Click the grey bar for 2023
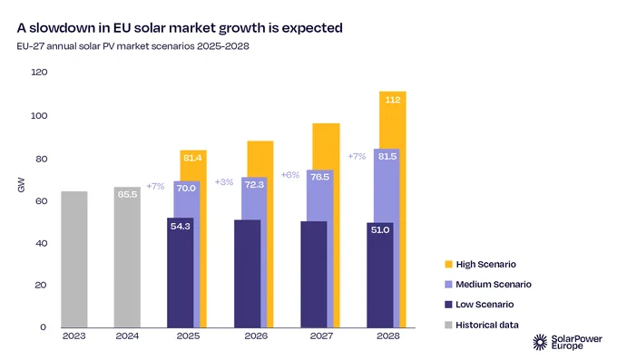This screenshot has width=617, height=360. [x=74, y=259]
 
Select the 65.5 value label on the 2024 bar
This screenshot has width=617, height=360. [x=127, y=194]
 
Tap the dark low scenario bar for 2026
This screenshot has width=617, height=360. [x=247, y=274]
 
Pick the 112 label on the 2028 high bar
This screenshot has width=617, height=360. [x=393, y=100]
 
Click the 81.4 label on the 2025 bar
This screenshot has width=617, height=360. [x=192, y=158]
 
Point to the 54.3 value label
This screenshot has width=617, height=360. [x=181, y=226]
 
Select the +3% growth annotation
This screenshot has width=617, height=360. [x=224, y=182]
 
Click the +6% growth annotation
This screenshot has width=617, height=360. [x=290, y=175]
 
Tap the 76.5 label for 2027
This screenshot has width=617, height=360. [x=319, y=177]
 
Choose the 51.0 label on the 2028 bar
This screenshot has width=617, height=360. [x=380, y=229]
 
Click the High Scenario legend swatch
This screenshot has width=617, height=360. [x=448, y=264]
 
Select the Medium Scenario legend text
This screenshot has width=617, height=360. [x=494, y=284]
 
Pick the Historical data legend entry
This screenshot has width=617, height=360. [x=482, y=325]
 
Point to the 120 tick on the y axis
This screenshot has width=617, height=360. [x=39, y=72]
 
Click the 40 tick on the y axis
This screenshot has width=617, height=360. [x=41, y=243]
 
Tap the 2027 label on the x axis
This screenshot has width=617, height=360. [x=321, y=336]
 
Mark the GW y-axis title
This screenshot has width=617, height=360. [x=21, y=185]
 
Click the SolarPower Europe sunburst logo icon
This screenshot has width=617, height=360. [x=540, y=342]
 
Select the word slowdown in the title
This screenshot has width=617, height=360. [x=68, y=28]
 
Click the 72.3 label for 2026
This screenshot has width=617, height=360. [x=254, y=184]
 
